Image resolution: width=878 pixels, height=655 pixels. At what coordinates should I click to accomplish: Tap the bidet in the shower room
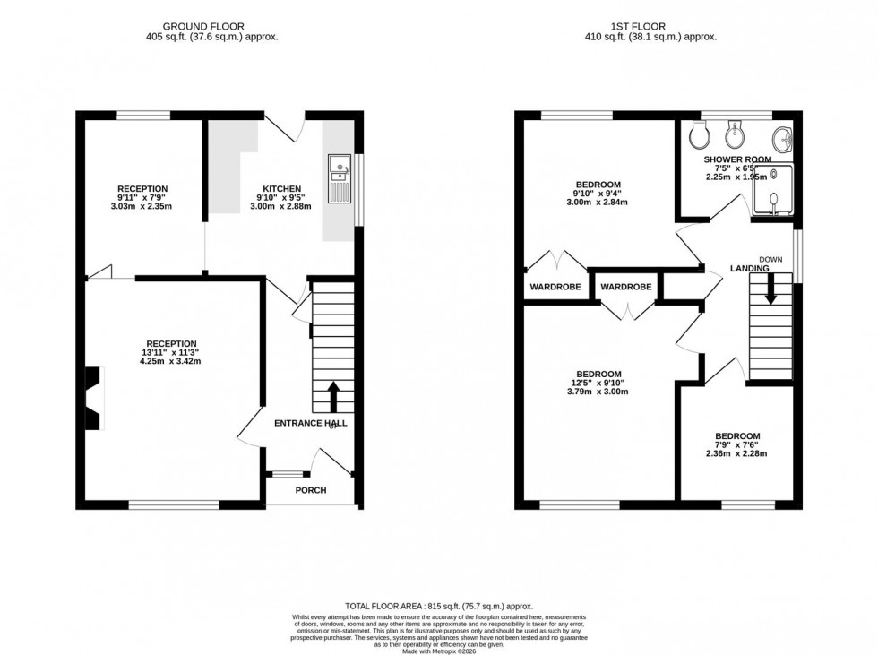click(733, 136)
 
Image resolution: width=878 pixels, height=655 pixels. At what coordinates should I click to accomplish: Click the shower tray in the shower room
click(772, 191)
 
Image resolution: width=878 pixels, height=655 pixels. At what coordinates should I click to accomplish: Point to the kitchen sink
click(340, 168)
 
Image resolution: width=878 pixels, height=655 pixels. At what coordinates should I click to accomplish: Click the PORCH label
click(311, 490)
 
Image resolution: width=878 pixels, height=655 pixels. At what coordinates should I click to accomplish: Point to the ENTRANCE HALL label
click(310, 423)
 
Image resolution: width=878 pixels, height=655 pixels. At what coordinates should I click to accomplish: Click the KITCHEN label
click(280, 188)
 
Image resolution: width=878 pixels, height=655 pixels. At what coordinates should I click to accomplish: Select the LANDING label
click(749, 268)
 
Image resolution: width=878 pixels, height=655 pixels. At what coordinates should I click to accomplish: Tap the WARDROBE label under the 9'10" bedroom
click(555, 288)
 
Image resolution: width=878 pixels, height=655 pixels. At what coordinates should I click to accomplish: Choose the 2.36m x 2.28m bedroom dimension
click(738, 454)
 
